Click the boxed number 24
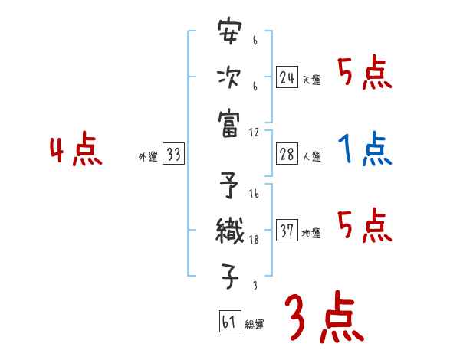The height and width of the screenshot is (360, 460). pos(287,77)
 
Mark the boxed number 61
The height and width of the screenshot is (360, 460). pos(229,321)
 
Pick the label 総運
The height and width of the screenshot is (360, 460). pos(255,325)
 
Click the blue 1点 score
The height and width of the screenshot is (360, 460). pos(365,150)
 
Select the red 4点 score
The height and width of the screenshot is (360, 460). pos(74,151)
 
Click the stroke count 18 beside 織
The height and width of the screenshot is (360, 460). pos(254,241)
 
